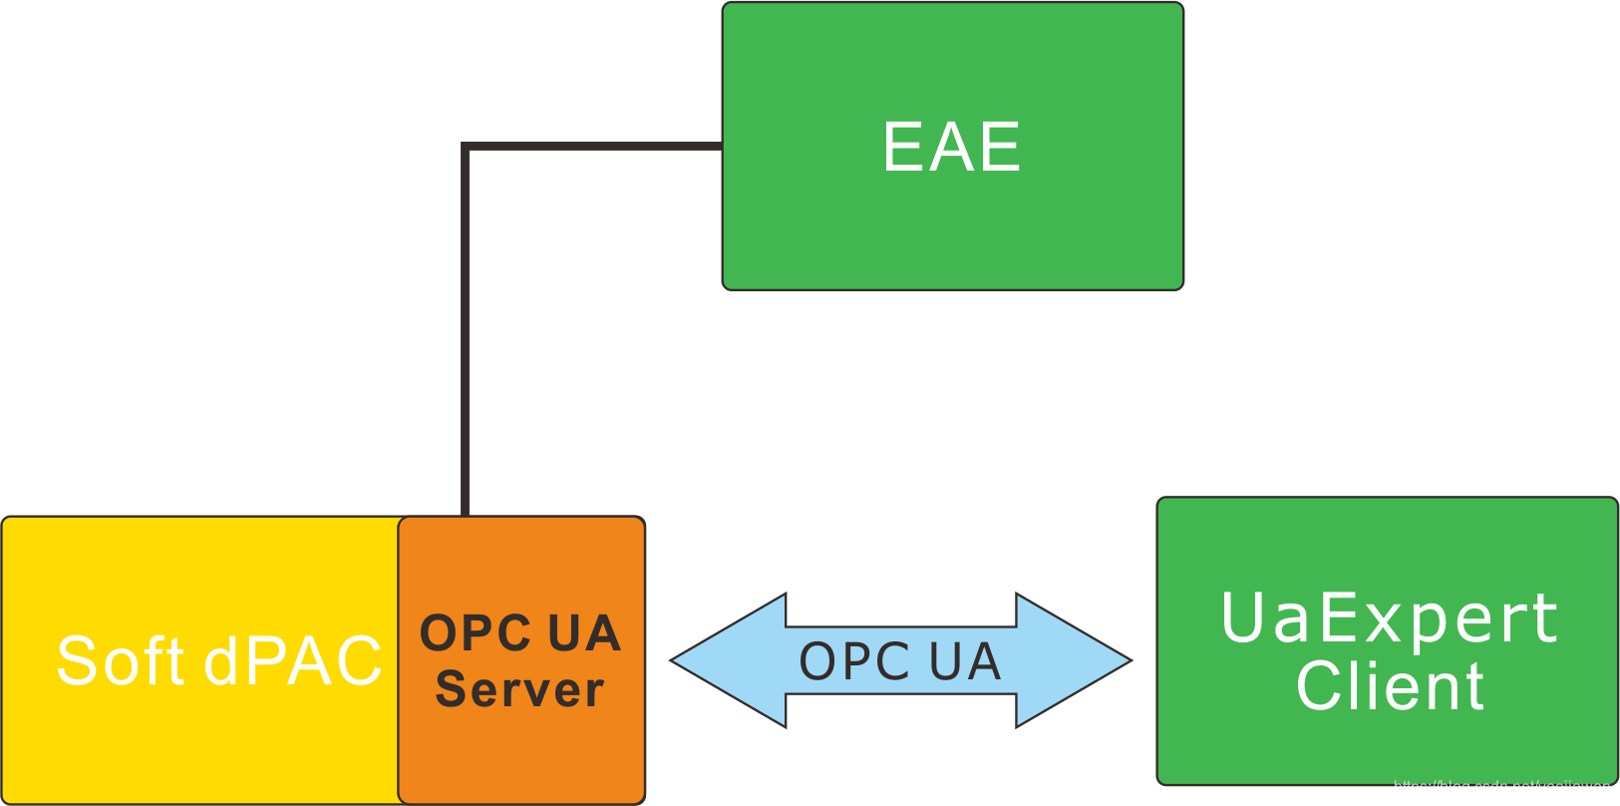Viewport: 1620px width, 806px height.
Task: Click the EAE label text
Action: click(951, 147)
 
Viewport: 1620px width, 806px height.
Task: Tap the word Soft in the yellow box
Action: click(120, 660)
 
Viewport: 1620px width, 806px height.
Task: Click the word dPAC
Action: click(293, 660)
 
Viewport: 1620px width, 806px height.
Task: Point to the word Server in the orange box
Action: click(519, 689)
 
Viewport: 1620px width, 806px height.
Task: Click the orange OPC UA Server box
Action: click(521, 758)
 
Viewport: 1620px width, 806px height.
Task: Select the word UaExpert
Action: click(1389, 617)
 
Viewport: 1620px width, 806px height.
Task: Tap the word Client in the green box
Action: click(1390, 686)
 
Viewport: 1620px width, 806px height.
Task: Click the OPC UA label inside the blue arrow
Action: click(899, 660)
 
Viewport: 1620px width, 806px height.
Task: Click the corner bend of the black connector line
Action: click(466, 148)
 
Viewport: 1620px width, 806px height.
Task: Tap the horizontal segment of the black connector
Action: click(598, 147)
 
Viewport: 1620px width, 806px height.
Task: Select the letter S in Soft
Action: click(76, 660)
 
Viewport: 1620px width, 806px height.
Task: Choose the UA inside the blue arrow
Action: click(964, 660)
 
